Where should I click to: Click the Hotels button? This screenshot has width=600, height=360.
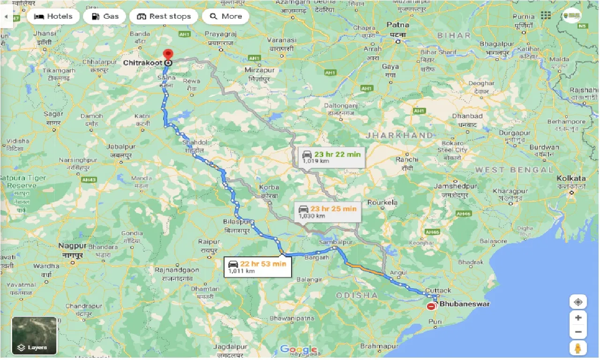coord(53,16)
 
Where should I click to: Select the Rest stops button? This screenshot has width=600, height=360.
coord(164,16)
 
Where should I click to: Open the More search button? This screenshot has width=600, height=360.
coord(225,16)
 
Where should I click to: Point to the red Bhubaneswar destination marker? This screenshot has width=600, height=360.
coord(431,306)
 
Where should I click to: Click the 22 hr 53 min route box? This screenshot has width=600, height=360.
coord(257,266)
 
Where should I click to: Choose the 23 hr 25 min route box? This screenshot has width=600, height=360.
coord(328,211)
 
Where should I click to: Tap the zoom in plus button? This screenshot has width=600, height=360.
coord(578,317)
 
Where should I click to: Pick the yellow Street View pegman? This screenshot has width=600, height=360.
coord(578,349)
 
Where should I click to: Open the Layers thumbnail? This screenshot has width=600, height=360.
coord(34,335)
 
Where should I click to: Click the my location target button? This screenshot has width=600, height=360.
coord(578,301)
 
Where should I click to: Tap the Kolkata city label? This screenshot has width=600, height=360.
coord(571,179)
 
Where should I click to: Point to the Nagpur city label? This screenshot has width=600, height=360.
coord(72,246)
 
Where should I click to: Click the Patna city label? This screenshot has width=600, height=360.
coord(398,25)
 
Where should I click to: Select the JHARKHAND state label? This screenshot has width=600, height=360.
coord(399,135)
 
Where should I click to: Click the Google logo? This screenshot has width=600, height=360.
coord(299,349)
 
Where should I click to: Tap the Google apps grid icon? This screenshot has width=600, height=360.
coord(546,15)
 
